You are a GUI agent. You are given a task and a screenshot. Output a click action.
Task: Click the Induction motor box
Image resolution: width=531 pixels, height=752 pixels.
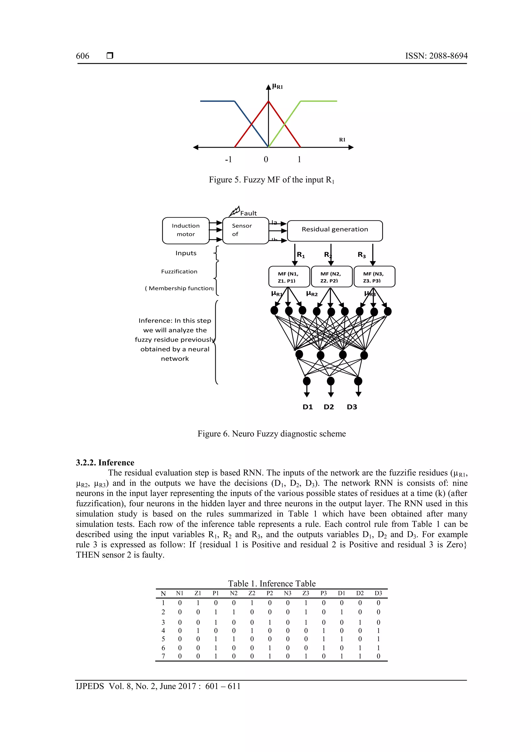coord(185,230)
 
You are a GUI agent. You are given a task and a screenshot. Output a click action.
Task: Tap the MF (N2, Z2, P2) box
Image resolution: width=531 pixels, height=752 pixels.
coord(331,277)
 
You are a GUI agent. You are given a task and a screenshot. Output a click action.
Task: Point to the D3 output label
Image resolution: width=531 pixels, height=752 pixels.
coord(352,407)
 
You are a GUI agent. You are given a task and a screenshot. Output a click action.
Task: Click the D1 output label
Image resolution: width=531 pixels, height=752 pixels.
coord(308,407)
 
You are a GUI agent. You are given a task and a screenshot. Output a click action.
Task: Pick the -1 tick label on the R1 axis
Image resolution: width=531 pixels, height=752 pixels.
coord(228,159)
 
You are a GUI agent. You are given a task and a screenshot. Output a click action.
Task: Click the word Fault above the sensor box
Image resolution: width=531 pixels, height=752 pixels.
coord(248,213)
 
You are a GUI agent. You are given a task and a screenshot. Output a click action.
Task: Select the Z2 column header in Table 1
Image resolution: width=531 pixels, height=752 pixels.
coord(251,593)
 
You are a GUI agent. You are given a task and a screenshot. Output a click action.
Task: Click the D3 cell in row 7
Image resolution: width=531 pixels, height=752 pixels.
coord(378,656)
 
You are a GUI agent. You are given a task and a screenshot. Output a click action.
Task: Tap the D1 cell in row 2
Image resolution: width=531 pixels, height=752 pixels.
coord(341,612)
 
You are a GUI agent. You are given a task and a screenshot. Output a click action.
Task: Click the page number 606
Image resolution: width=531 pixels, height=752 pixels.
coord(82,56)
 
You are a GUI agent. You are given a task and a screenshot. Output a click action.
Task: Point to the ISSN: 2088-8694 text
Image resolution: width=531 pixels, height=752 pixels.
coord(436,56)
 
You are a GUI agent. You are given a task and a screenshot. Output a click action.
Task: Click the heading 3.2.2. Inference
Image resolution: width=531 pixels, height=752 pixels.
coord(105,463)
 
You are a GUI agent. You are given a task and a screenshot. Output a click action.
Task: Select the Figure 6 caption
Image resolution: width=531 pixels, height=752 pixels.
coord(271,434)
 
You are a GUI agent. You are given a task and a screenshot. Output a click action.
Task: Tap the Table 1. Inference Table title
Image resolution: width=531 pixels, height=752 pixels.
coord(271,583)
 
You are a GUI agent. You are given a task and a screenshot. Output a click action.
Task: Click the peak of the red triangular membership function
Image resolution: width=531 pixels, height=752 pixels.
coord(269,101)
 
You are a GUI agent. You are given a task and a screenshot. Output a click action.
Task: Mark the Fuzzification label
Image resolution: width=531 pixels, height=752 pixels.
coord(179,272)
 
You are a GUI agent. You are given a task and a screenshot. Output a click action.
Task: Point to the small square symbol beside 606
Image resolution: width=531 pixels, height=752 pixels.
coord(110,56)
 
